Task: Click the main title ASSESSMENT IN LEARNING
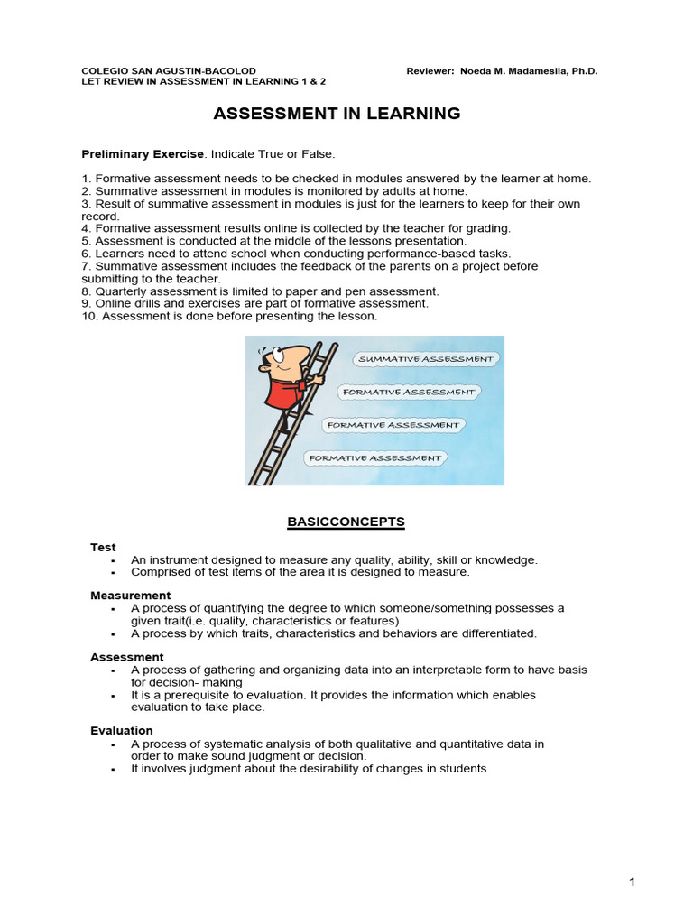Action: (x=337, y=114)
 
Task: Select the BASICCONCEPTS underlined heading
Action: (x=346, y=522)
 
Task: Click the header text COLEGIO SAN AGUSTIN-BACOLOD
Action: (x=169, y=70)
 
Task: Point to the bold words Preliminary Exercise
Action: (x=143, y=154)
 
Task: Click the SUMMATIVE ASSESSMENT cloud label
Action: (x=426, y=359)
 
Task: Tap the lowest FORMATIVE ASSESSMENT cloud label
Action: (x=375, y=458)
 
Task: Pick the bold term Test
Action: (x=103, y=547)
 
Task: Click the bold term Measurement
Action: (x=130, y=596)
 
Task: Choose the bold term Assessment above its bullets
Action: (x=126, y=657)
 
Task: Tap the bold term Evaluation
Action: (x=122, y=730)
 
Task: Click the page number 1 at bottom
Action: (x=633, y=882)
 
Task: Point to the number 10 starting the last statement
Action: (x=88, y=317)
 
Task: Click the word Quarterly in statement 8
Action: (x=122, y=291)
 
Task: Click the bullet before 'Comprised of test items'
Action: (x=113, y=573)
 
